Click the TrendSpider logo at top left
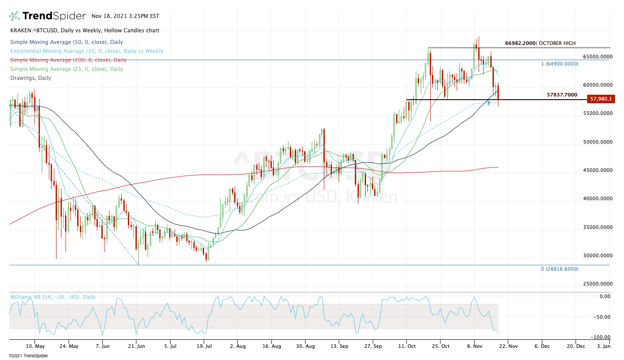coord(47,16)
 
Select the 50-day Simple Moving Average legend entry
coord(66,42)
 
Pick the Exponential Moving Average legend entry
coord(87,51)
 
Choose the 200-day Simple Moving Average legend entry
coord(68,60)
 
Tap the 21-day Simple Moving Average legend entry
coord(66,69)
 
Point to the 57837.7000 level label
coord(562,95)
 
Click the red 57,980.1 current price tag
coord(601,99)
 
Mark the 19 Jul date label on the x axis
coord(204,347)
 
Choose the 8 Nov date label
coord(474,347)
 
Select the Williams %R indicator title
coord(52,297)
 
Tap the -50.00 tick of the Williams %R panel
coord(602,317)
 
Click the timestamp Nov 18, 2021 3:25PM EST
coord(125,16)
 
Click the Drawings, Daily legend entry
coord(31,78)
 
